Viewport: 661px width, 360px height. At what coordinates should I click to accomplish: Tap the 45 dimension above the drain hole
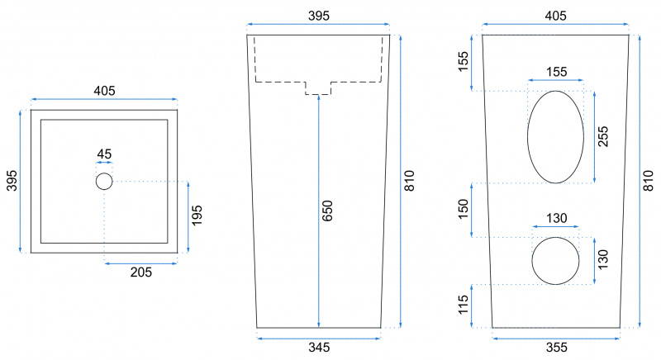click(104, 154)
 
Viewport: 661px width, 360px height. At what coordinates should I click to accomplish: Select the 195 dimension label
click(197, 216)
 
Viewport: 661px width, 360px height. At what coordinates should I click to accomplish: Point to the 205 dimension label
click(140, 272)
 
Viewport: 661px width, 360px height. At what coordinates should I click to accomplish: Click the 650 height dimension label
click(327, 211)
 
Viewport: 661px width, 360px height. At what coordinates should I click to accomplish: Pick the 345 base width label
click(319, 348)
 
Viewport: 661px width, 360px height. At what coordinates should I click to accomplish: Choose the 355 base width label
click(556, 348)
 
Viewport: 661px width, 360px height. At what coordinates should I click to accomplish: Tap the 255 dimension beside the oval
click(603, 136)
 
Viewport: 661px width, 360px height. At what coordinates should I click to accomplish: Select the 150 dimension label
click(463, 209)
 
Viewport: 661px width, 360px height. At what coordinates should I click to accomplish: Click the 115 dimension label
click(463, 305)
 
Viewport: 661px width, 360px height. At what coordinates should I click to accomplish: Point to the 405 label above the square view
click(104, 91)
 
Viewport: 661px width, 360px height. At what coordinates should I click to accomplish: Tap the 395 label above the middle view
click(319, 16)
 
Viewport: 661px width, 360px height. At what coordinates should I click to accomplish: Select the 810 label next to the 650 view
click(409, 181)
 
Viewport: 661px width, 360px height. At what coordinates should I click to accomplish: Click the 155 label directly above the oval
click(556, 72)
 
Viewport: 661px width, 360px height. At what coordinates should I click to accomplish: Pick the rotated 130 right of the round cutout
click(603, 260)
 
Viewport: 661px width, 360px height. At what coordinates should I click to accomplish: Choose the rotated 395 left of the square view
click(12, 181)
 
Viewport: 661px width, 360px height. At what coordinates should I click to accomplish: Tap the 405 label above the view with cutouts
click(555, 16)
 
